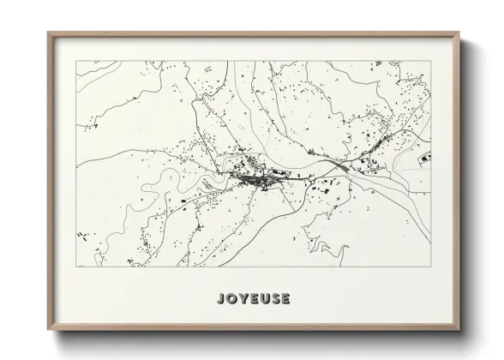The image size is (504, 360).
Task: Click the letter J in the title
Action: coord(221,299)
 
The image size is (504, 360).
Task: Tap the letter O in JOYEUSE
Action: coord(231,299)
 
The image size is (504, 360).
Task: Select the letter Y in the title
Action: coord(243,299)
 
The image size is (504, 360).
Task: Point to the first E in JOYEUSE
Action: coord(253,299)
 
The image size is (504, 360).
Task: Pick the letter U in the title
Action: coord(263,299)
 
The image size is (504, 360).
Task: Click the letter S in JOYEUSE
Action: coord(274,299)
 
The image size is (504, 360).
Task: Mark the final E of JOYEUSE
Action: coord(285,299)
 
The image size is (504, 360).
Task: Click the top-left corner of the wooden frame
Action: coord(48,33)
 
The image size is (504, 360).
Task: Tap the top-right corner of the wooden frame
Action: coord(460,33)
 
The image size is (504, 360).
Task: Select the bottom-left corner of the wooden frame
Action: coord(48,331)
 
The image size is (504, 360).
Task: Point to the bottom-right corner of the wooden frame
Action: coord(460,331)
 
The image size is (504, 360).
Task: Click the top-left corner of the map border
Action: coord(76,61)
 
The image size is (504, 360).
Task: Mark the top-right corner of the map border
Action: coord(431,61)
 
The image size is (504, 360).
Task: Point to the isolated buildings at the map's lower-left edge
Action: coord(83,236)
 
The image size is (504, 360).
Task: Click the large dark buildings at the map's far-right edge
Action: coord(424,157)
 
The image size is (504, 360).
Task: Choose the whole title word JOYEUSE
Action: coord(253,299)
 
